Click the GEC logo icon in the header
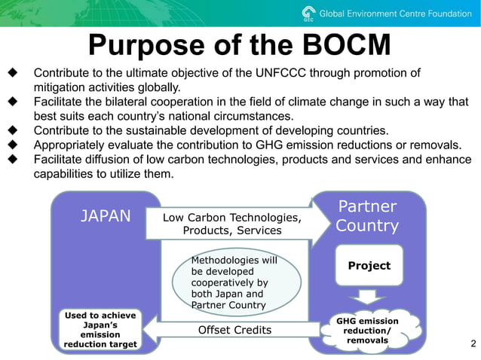(x=307, y=13)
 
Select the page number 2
(x=473, y=344)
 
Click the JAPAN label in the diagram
(x=106, y=217)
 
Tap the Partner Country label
(x=367, y=216)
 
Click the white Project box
(x=369, y=266)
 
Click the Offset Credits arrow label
(x=234, y=330)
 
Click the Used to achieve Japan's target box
(x=100, y=329)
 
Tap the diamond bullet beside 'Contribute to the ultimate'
(x=13, y=73)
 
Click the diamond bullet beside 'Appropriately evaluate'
(x=13, y=145)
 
